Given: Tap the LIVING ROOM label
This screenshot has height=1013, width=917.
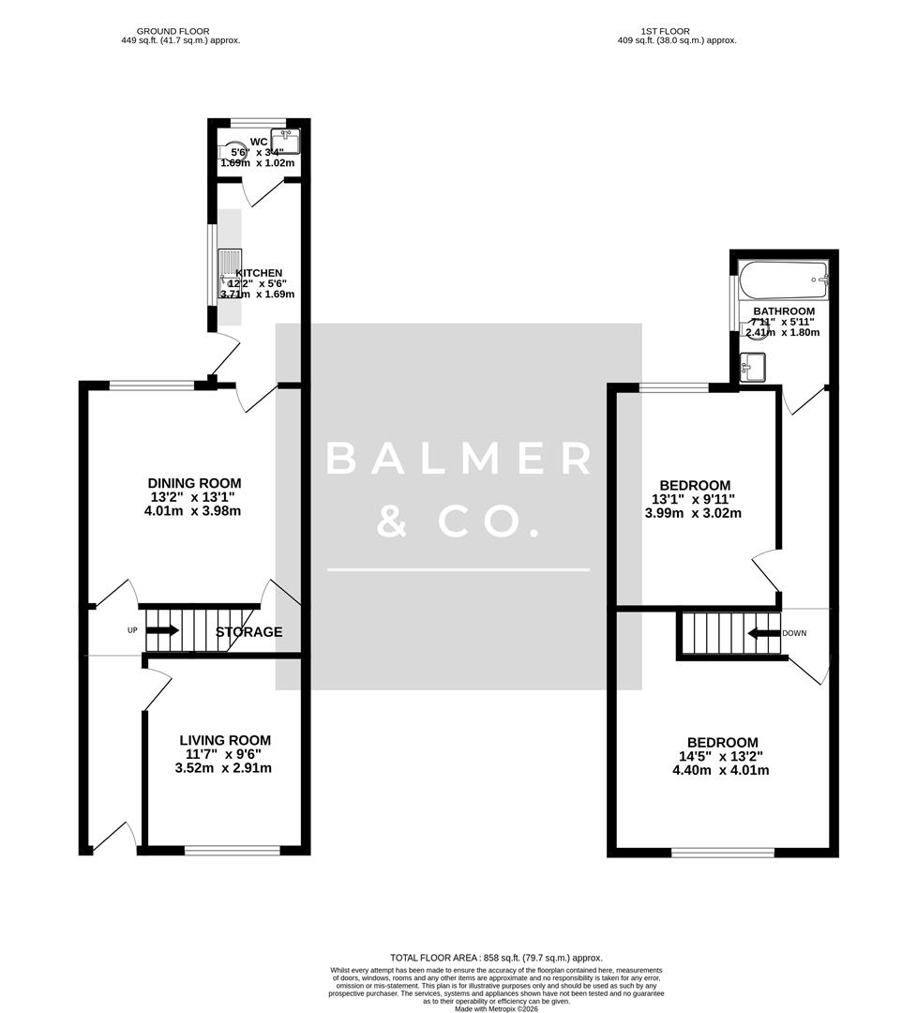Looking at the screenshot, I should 225,740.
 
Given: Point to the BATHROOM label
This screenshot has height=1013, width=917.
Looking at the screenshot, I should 783,311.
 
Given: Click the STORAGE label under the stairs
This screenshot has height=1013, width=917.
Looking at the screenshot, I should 248,632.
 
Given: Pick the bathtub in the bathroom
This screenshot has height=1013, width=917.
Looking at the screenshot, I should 783,279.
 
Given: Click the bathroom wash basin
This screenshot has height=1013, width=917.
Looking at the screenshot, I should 752,366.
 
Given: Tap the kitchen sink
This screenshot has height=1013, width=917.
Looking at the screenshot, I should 230,264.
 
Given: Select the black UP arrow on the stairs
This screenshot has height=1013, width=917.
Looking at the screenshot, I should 161,630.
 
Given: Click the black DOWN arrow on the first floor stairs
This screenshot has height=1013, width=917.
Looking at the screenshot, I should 763,633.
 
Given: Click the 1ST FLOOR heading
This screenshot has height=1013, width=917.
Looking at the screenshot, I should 665,31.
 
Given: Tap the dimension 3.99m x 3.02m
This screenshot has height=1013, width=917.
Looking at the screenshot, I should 693,513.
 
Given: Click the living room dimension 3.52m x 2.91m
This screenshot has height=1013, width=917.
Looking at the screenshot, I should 223,768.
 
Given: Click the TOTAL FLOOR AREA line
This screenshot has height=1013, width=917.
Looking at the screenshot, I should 496,957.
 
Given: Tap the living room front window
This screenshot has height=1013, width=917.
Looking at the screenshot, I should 232,851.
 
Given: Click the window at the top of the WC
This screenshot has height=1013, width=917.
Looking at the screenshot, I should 258,122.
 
